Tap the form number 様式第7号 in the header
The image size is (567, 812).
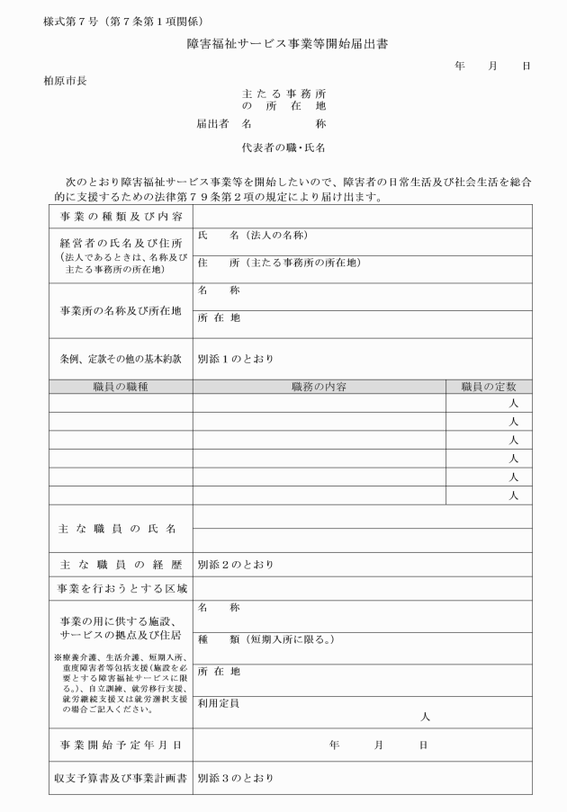(x=65, y=21)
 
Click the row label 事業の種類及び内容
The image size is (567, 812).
(x=121, y=218)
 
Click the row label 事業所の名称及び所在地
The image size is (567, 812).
(x=121, y=310)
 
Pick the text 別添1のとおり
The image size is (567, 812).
(x=235, y=359)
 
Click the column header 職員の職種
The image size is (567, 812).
(x=121, y=387)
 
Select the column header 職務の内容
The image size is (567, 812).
(x=319, y=387)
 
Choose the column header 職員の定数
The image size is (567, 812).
(x=488, y=387)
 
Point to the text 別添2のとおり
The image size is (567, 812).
(x=235, y=565)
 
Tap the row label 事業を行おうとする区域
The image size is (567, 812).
(x=121, y=589)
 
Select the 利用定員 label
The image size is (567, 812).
(x=219, y=703)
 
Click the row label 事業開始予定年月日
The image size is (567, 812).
(x=121, y=745)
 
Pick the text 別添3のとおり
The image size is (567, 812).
(x=235, y=777)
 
